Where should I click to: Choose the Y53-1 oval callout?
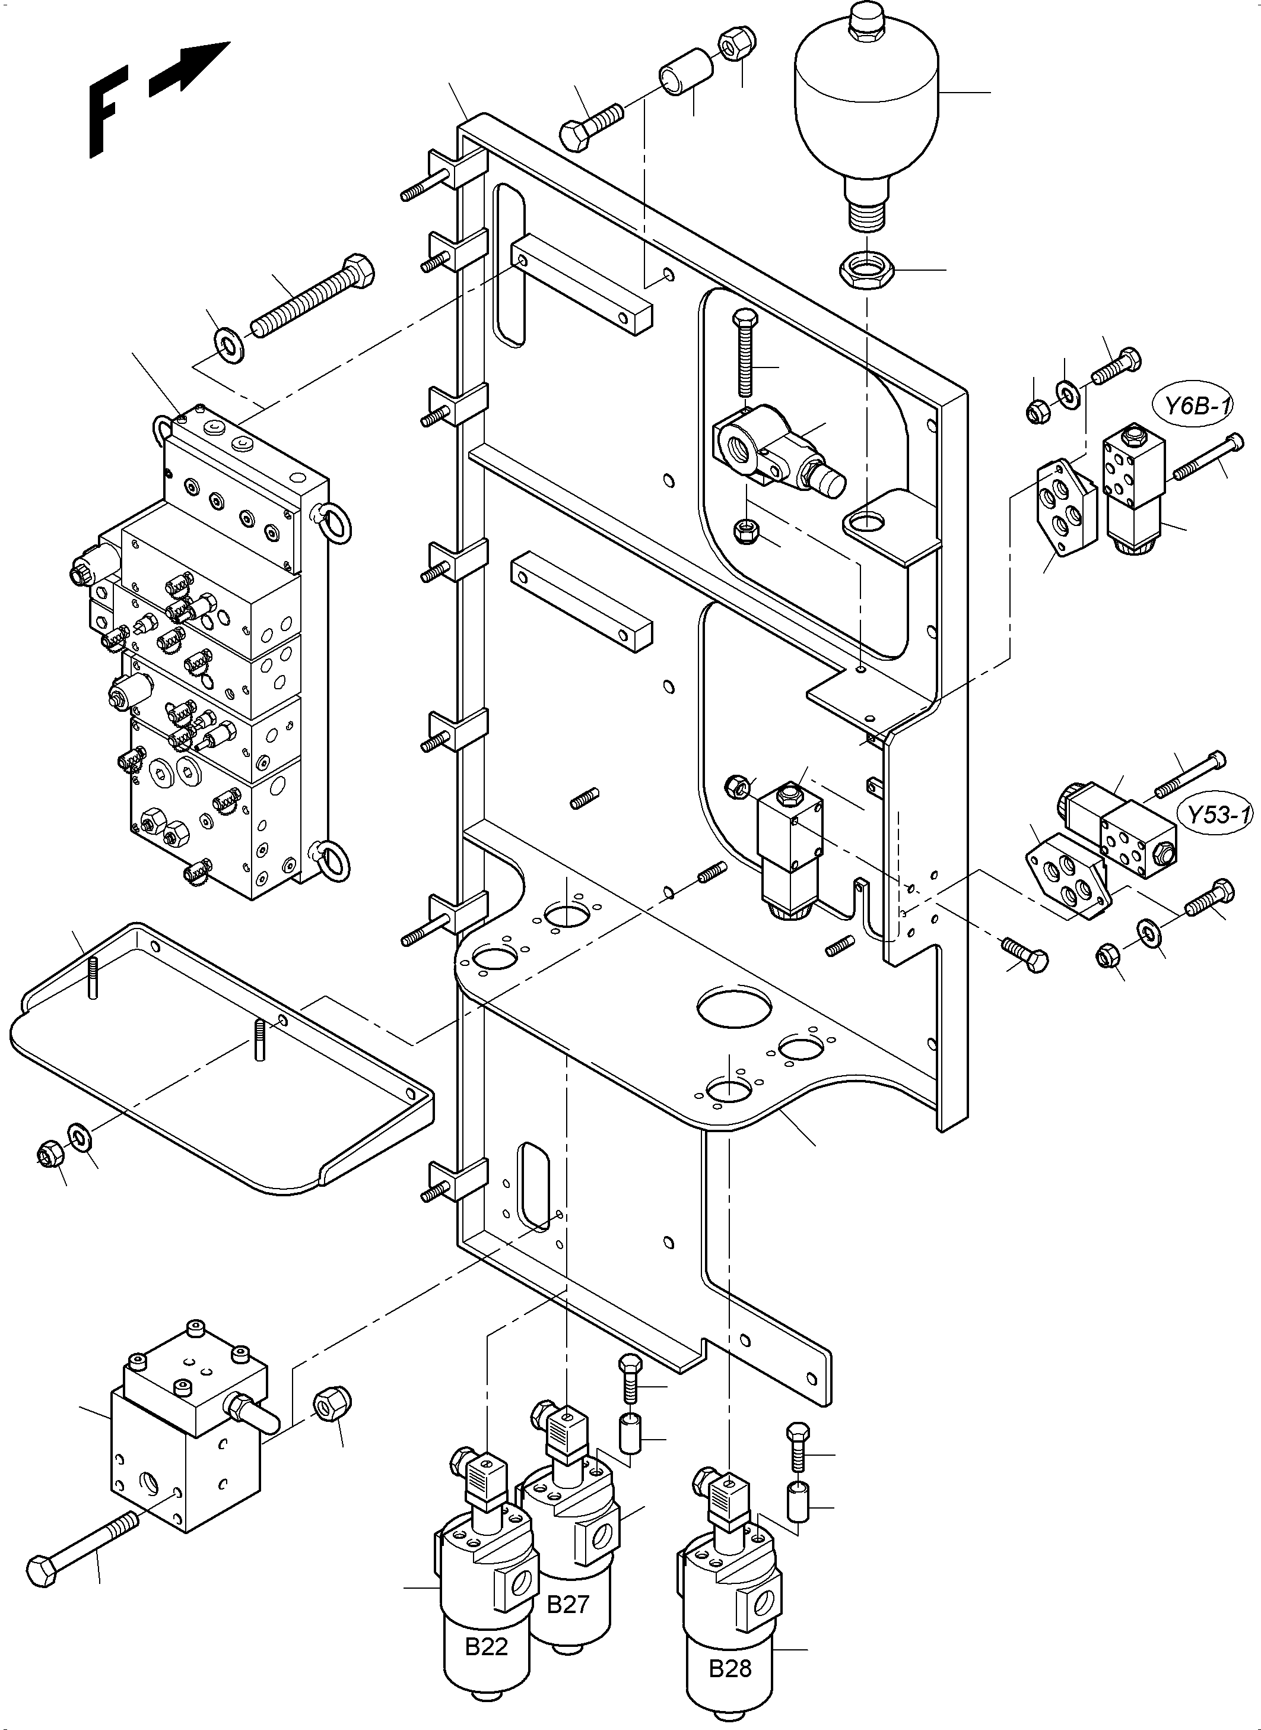tap(1218, 815)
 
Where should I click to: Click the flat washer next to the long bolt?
tap(227, 344)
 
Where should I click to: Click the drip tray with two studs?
tap(221, 1061)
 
